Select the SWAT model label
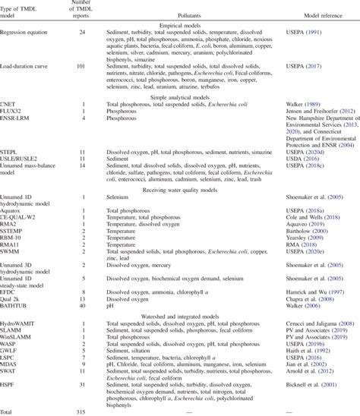click(12, 373)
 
